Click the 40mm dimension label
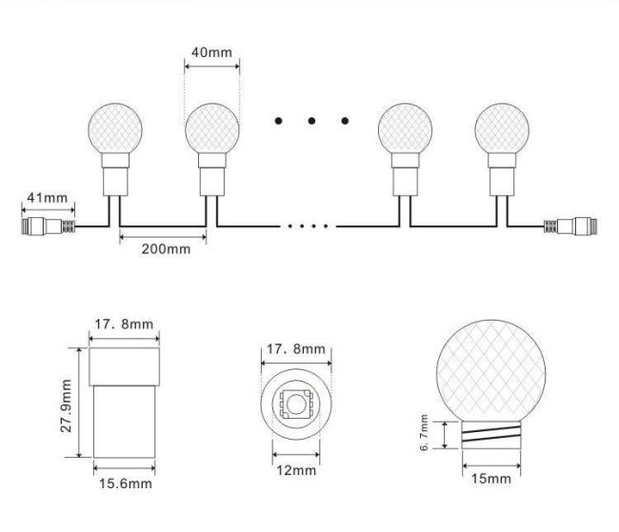(212, 52)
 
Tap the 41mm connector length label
(48, 197)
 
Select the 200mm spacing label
(167, 249)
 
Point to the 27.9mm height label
(67, 405)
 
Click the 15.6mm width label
(126, 483)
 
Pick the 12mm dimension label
(296, 470)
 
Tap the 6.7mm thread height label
(424, 432)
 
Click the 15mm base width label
(491, 479)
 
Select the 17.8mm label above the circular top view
(296, 349)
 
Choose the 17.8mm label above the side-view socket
(124, 324)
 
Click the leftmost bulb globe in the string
(115, 128)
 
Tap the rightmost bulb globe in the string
(502, 128)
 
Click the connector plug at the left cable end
(49, 227)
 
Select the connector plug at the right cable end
(570, 227)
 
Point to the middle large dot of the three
(311, 120)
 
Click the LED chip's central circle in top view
(295, 404)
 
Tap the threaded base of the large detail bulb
(491, 435)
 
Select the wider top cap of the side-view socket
(125, 366)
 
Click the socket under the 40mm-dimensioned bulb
(212, 174)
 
